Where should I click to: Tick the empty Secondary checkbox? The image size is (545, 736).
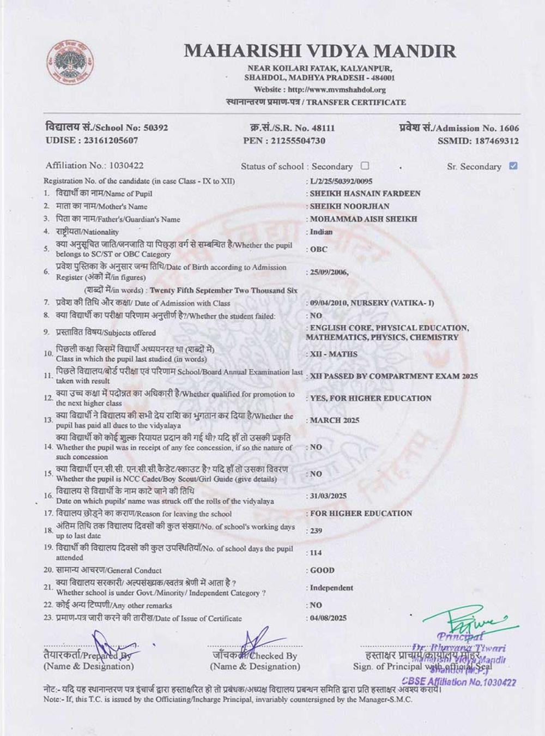tap(365, 166)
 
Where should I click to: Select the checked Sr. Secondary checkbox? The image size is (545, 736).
tap(513, 166)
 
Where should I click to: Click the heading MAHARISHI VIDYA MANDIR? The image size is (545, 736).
tap(320, 51)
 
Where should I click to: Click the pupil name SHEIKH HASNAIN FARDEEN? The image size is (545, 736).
tap(365, 193)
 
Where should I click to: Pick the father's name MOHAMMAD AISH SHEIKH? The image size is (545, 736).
tap(364, 219)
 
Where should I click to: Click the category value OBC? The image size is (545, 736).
tap(319, 249)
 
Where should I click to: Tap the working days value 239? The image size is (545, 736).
tap(316, 530)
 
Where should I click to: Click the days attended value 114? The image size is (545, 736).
tap(316, 552)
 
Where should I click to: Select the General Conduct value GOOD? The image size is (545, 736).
tap(322, 570)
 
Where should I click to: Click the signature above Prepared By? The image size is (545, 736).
tap(108, 646)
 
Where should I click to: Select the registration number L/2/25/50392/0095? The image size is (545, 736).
tap(341, 180)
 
